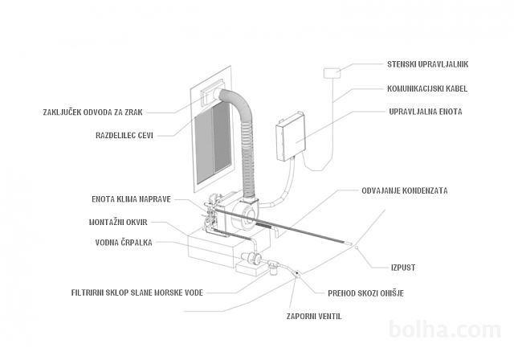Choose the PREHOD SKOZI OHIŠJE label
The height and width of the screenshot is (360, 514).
pos(365,292)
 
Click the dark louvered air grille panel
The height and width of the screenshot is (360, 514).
pos(214,145)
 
